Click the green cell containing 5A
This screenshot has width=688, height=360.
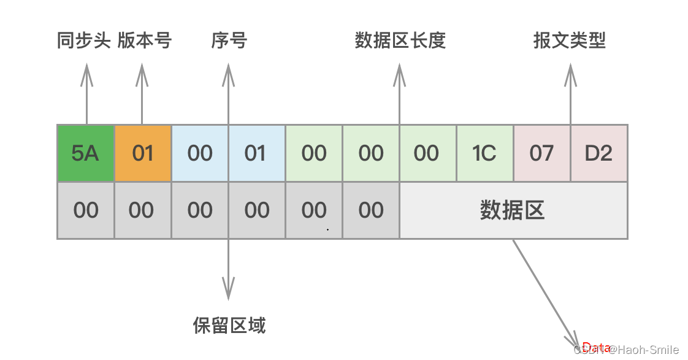click(85, 153)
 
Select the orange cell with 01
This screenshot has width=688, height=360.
click(142, 153)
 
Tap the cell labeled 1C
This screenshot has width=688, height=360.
click(484, 153)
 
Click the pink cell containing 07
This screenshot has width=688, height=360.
click(541, 153)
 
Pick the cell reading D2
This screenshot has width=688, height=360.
click(598, 153)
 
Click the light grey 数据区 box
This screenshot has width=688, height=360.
click(513, 210)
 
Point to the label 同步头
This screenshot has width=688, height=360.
click(83, 41)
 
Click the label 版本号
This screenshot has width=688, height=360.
click(145, 41)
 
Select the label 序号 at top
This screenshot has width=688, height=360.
click(229, 41)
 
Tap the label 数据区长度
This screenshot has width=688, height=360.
click(400, 41)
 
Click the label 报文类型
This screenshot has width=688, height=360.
click(570, 41)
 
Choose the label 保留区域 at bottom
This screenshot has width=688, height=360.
click(229, 324)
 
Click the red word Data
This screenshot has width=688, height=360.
click(596, 347)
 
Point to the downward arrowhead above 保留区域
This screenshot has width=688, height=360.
click(228, 287)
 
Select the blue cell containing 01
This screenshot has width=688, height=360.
click(256, 153)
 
